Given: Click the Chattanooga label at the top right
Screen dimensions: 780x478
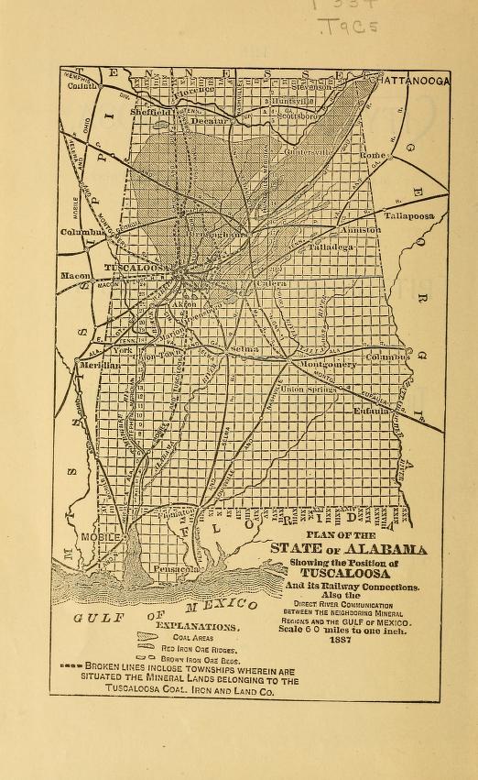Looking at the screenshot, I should coord(409,81).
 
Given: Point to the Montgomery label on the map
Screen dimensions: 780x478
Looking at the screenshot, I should coord(325,364).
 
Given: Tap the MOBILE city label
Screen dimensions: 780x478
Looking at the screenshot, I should coord(101,536).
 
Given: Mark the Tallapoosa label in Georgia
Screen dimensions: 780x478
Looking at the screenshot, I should coord(408,215).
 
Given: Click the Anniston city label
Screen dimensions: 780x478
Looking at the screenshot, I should coord(360,230).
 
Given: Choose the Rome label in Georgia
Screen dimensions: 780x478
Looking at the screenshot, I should coord(374,156).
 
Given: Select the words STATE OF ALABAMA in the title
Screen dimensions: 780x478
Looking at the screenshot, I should coord(348,549).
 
